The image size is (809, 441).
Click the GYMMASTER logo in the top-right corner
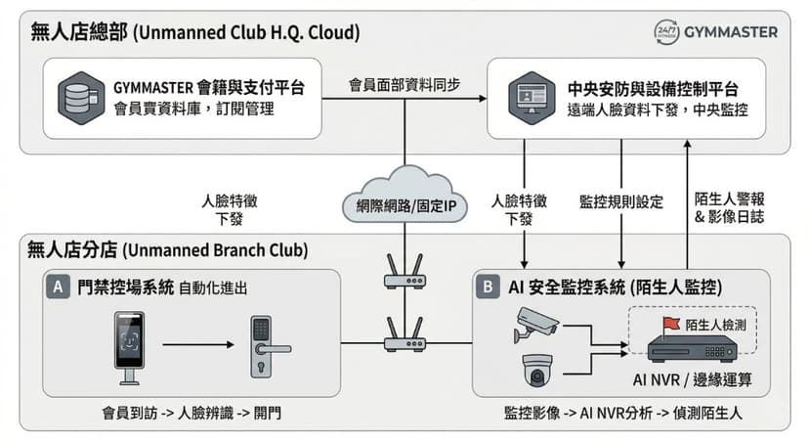tap(715, 31)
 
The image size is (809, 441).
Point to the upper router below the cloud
tap(404, 273)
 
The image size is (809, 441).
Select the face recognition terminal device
tap(129, 348)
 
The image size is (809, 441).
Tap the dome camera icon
tap(537, 371)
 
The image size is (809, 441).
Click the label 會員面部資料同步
tap(403, 85)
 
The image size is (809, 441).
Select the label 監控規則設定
tap(620, 202)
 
